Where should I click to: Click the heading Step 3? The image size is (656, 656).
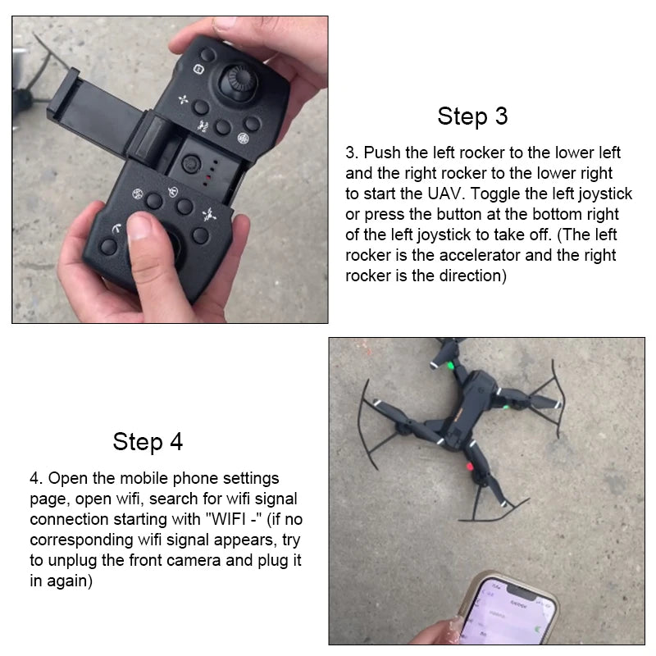[472, 116]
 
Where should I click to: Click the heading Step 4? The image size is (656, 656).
[148, 442]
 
